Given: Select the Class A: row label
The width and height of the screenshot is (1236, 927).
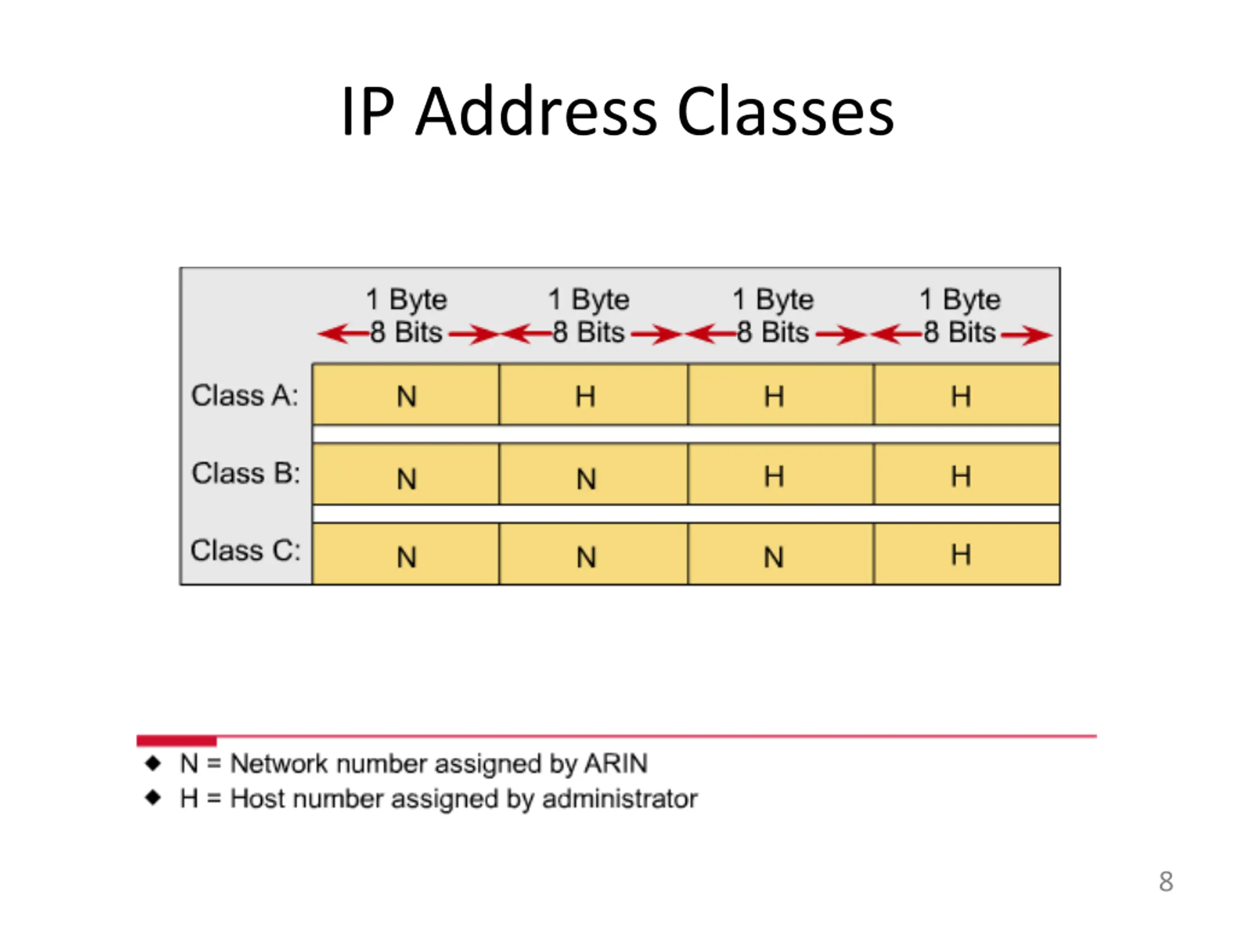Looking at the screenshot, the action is [x=245, y=395].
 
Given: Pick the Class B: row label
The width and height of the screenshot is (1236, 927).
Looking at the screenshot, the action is [x=245, y=473].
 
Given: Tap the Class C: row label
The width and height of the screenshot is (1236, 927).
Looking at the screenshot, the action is [x=245, y=550].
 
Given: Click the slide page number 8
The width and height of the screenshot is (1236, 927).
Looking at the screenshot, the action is [x=1166, y=881].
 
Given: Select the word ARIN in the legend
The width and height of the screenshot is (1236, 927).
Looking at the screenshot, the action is [x=616, y=763].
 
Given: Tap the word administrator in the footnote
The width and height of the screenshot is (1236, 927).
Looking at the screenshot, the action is [x=620, y=799].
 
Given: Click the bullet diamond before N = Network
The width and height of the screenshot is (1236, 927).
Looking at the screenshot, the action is [x=153, y=763].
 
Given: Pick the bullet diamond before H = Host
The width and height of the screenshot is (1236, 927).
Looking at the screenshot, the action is [x=153, y=798].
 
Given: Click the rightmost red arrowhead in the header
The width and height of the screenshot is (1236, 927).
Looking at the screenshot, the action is [x=1039, y=335].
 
